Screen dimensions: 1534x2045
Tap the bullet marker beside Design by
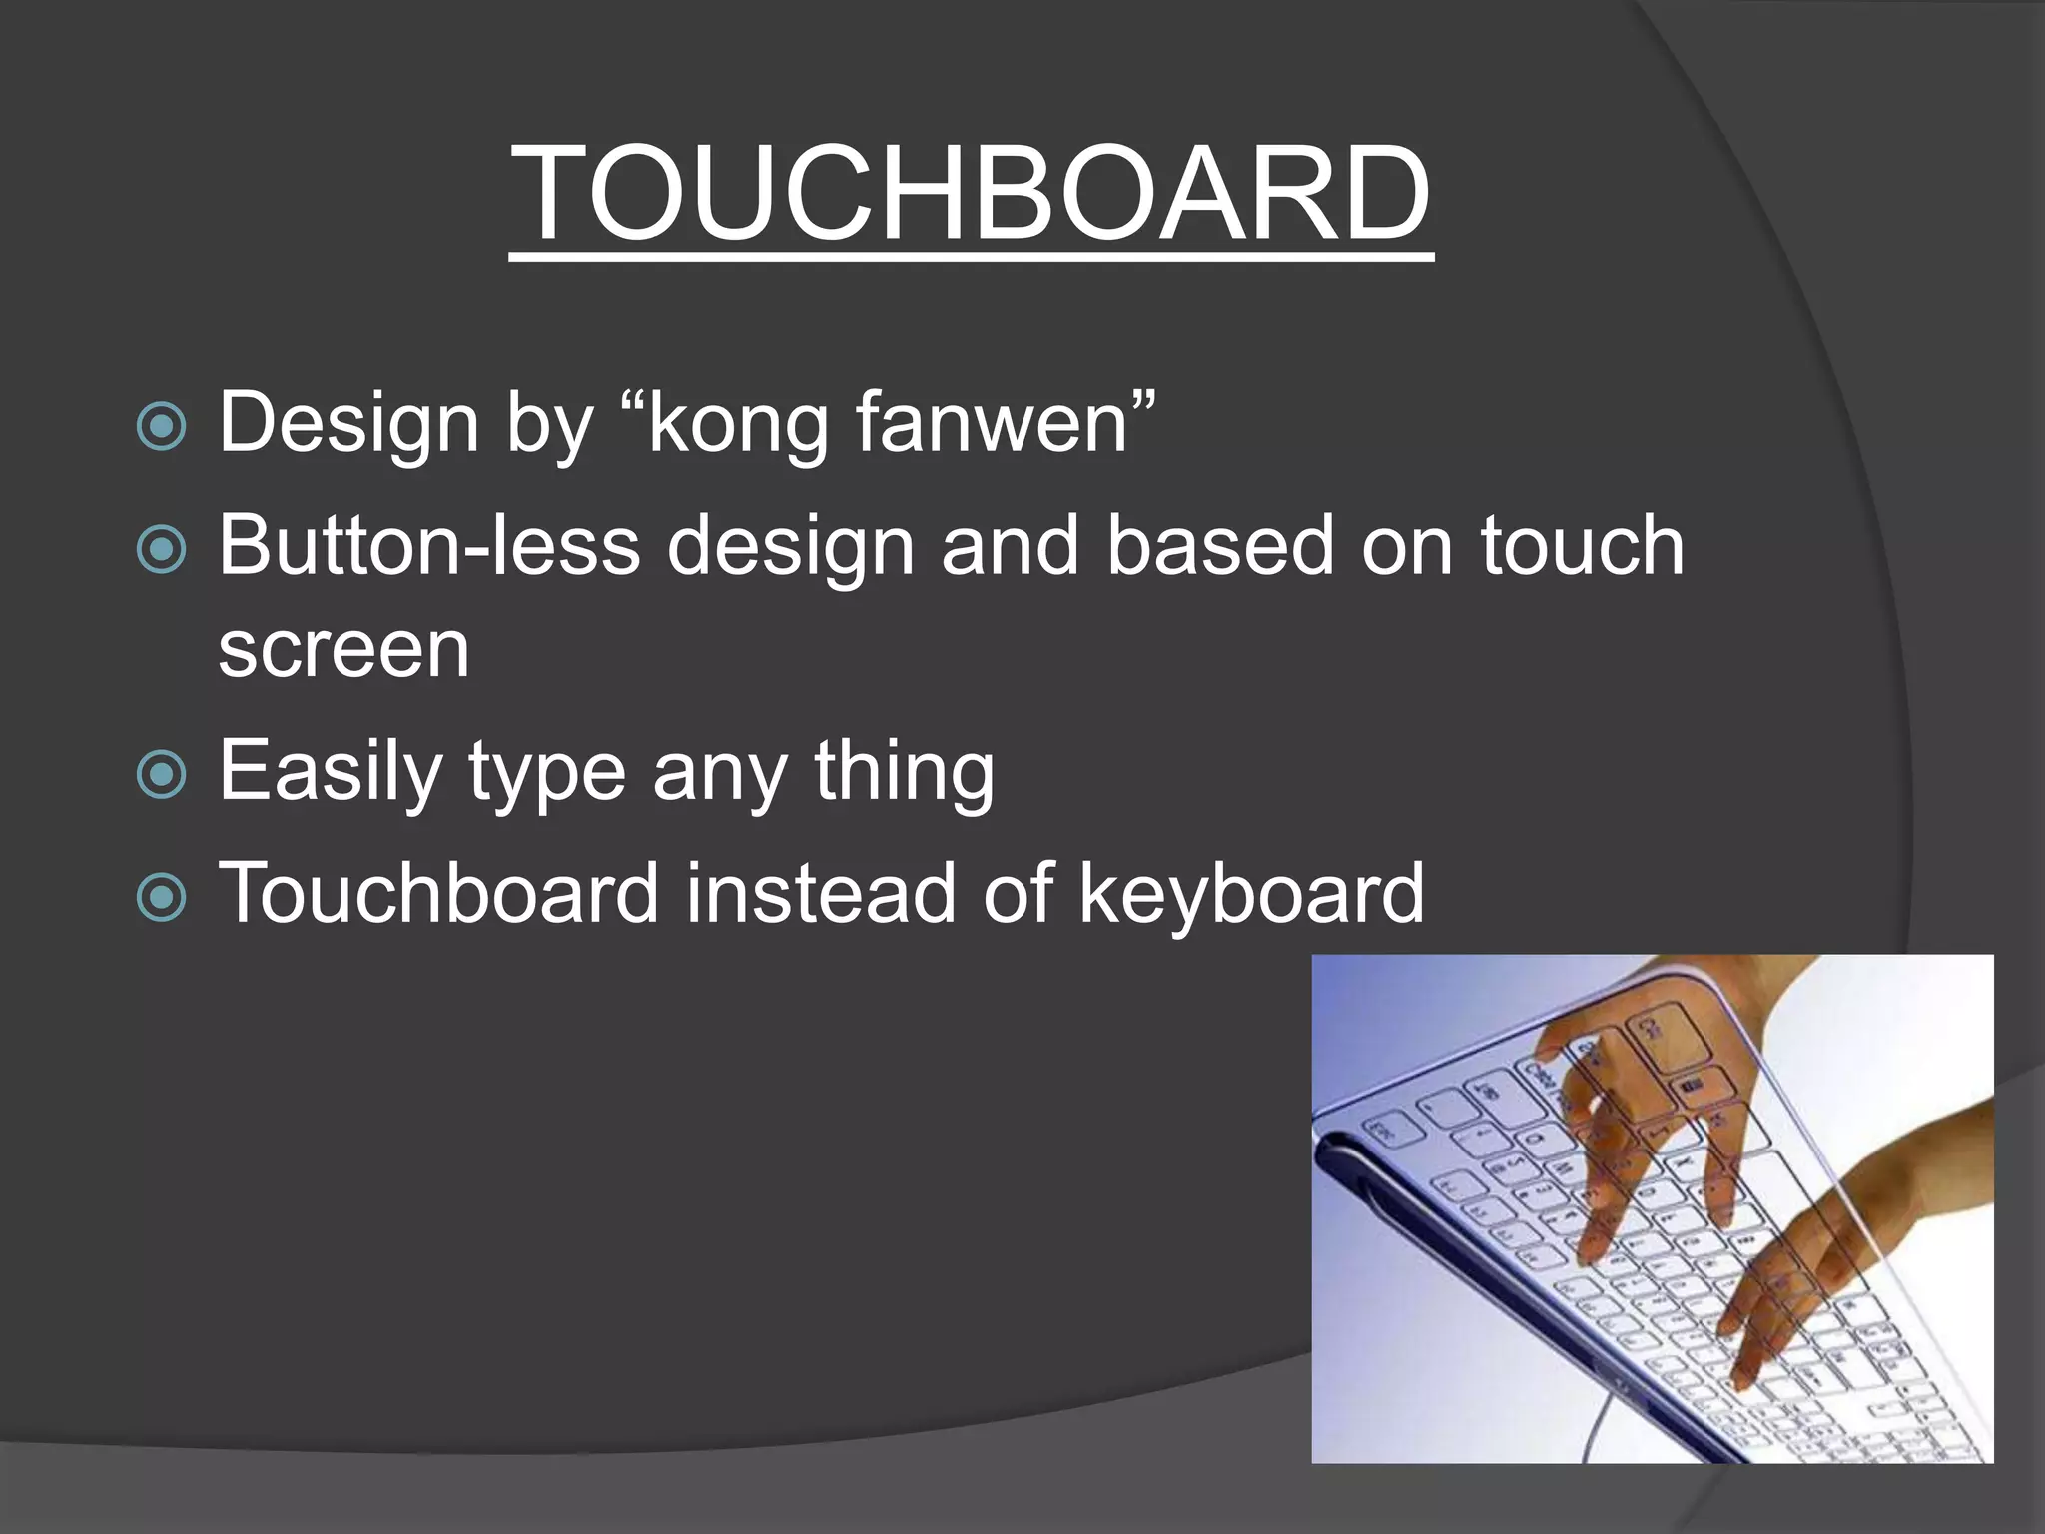[x=161, y=427]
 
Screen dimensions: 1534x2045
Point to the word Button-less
[x=429, y=546]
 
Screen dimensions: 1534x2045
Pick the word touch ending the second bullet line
[x=1582, y=546]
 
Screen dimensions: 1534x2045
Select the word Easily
[x=331, y=772]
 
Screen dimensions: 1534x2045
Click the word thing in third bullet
[x=904, y=772]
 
